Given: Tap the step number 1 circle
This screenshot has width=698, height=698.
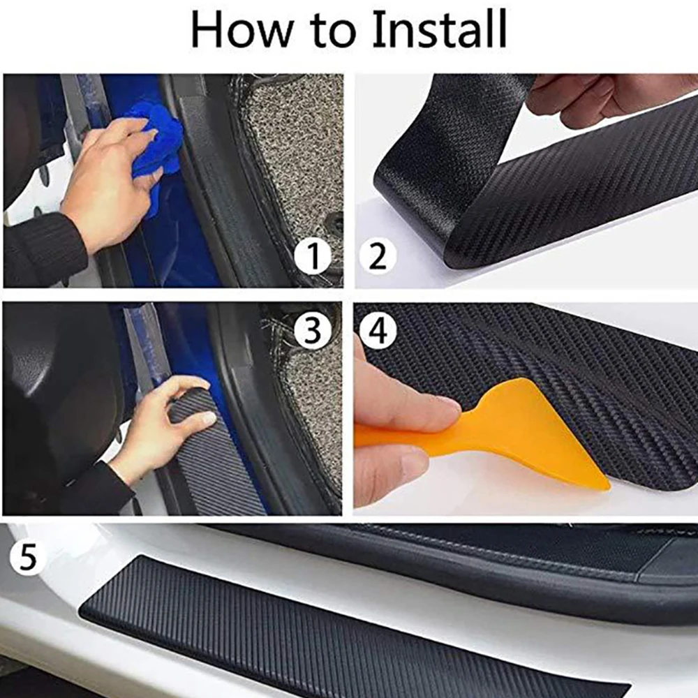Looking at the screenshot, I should [x=312, y=257].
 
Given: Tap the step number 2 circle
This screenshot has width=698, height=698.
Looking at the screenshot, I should [x=378, y=257].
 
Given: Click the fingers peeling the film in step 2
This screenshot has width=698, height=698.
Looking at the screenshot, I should [x=593, y=98].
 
